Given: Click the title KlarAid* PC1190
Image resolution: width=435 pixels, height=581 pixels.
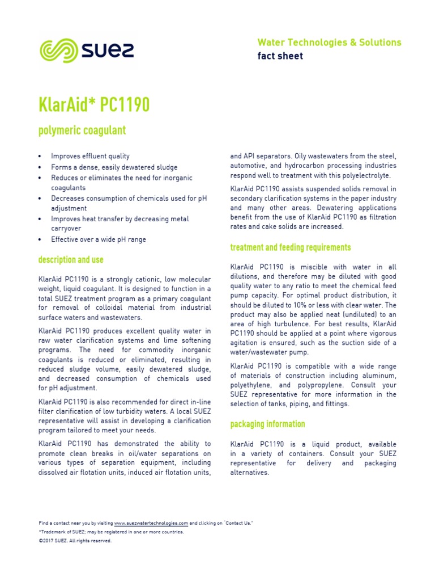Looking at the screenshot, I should click(x=94, y=105).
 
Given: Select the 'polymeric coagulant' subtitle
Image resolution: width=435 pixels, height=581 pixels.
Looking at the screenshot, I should click(x=82, y=130).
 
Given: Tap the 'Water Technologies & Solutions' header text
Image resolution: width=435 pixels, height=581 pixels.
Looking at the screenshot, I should click(x=329, y=43).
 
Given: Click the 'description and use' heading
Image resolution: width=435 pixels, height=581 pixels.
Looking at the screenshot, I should click(x=71, y=260).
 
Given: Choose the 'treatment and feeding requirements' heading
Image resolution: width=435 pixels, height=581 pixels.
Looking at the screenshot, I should click(x=291, y=247).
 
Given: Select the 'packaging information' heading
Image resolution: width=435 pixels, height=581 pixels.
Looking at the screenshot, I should click(x=267, y=424).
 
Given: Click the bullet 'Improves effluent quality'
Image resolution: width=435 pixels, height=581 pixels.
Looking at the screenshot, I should click(x=90, y=157).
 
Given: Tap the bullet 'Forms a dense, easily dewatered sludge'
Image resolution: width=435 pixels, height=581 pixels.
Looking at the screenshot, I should click(x=114, y=167).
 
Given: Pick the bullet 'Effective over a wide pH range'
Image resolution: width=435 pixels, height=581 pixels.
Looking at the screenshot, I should click(x=98, y=239).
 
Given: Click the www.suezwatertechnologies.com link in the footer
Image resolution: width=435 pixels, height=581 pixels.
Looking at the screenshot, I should click(x=151, y=523).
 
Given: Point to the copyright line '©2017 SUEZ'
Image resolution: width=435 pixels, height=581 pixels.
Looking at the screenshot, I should click(x=75, y=541).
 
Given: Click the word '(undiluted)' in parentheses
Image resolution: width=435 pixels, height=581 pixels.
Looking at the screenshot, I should click(x=349, y=314).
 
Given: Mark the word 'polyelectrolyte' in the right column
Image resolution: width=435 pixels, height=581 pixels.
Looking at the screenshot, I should click(x=363, y=176).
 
